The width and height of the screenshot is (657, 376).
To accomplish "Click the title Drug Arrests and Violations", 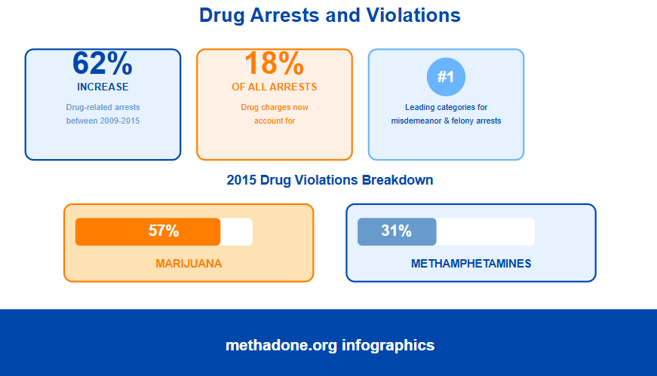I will click(x=330, y=15).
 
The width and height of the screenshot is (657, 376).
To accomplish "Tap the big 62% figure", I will click(x=103, y=63).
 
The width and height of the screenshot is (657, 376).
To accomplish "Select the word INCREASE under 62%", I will click(x=103, y=87).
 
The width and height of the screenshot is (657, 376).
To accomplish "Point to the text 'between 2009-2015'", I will click(x=103, y=121).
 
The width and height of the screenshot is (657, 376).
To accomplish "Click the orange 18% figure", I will click(x=274, y=63).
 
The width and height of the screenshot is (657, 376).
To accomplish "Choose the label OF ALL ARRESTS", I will click(x=274, y=87).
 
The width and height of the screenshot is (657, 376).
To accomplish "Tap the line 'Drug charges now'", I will click(x=274, y=107).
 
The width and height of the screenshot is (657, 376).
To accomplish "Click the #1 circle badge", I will click(x=446, y=77).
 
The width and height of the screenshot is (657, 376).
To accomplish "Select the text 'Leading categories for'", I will click(x=446, y=107).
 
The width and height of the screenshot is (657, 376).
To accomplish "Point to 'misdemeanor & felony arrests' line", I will click(x=446, y=121).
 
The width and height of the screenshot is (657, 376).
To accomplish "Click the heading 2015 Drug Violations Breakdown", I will click(x=330, y=180).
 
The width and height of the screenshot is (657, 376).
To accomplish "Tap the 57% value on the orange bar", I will click(x=164, y=231).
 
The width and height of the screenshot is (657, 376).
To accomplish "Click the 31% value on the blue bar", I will click(x=396, y=231).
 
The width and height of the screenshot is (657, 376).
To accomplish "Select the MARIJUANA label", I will click(x=189, y=264).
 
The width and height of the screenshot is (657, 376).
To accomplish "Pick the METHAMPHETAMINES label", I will click(x=471, y=264).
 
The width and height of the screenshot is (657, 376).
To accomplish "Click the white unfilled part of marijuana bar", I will click(x=236, y=231).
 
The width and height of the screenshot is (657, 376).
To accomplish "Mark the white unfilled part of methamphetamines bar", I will click(x=485, y=231).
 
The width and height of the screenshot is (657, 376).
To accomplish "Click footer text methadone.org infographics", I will click(x=330, y=345).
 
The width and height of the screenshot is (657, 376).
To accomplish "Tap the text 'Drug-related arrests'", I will click(x=103, y=107).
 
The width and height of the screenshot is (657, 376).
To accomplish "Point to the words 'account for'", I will click(x=274, y=121).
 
